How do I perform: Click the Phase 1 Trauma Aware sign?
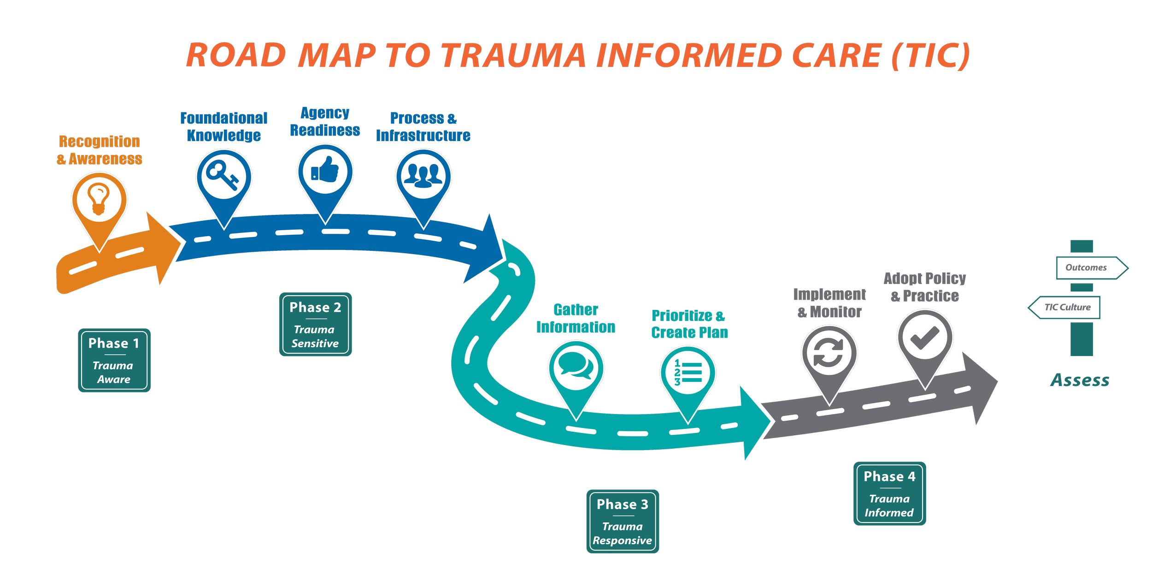[x=114, y=360]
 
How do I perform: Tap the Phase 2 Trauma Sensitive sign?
[x=316, y=324]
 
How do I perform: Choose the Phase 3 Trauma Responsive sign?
[x=623, y=521]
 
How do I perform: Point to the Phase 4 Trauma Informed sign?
[x=890, y=493]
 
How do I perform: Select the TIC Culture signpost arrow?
[x=1064, y=307]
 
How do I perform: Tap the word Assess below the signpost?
[x=1080, y=380]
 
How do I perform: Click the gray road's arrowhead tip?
[x=998, y=381]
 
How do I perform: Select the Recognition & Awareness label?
[x=99, y=150]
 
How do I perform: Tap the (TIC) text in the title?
[x=931, y=55]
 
